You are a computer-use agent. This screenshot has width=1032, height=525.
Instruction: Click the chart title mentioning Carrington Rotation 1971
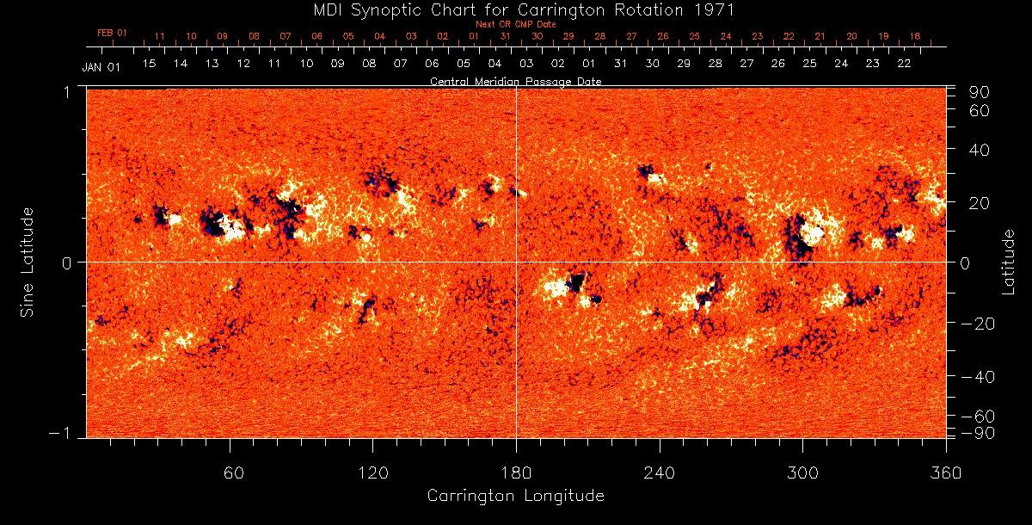[x=516, y=10]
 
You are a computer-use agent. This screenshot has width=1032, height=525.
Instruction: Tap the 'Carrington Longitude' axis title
[x=515, y=496]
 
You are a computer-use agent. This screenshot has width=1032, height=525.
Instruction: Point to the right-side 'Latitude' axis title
[x=1008, y=262]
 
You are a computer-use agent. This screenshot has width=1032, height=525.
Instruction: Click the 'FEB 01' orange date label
[x=112, y=33]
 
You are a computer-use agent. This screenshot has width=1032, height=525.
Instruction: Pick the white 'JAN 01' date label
[x=101, y=67]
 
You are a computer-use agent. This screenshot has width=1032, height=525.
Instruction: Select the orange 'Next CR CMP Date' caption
[x=516, y=24]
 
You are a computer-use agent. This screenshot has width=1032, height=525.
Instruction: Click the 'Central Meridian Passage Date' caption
[x=516, y=81]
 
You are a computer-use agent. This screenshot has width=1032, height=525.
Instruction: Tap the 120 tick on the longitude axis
[x=373, y=473]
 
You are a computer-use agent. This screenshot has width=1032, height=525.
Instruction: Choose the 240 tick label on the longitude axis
[x=660, y=473]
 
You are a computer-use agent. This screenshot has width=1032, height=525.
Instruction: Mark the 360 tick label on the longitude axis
[x=946, y=473]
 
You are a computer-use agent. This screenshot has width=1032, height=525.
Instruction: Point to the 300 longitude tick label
[x=802, y=473]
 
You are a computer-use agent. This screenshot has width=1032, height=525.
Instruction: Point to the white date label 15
[x=149, y=64]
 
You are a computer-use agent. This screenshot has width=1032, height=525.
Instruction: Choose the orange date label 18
[x=914, y=37]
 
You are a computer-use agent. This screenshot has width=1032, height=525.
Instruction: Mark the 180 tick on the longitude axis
[x=516, y=473]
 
